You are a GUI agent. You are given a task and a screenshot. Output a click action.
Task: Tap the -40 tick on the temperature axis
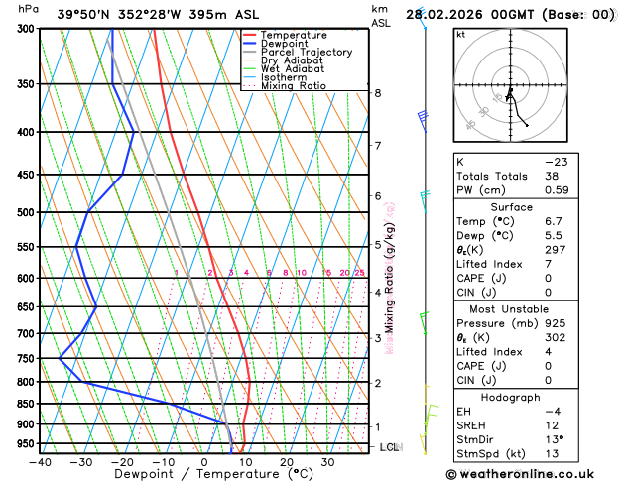click(x=40, y=461)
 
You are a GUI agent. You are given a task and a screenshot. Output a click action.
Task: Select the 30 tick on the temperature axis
click(x=326, y=461)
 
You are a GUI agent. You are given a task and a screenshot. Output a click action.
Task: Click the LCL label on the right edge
click(x=389, y=447)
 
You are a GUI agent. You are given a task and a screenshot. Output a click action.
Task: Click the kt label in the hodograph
click(x=460, y=34)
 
